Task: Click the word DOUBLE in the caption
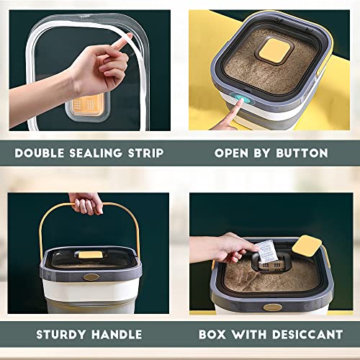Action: point(40,153)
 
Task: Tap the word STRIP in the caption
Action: point(145,153)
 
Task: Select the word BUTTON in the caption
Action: point(302,153)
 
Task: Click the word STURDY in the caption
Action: point(61,335)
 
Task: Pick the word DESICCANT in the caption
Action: point(307,335)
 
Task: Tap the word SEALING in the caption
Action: point(96,153)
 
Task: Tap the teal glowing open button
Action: point(242,99)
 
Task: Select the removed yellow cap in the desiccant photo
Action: point(307,246)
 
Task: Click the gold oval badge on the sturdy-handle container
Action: point(91,277)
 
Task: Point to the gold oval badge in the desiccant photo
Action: point(273,307)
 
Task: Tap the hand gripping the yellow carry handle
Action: point(87,204)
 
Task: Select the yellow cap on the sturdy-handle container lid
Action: point(90,255)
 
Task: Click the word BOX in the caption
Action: point(212,335)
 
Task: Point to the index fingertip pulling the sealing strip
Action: point(128,37)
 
